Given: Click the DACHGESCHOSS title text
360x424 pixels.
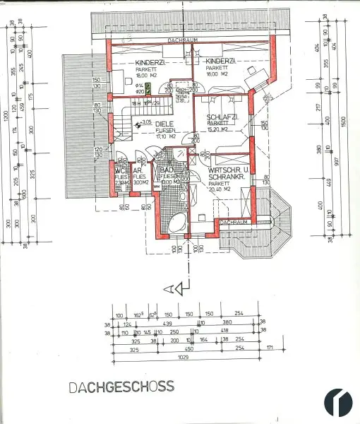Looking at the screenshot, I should (x=121, y=387).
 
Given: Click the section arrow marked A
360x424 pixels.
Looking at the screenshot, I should (x=177, y=288).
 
